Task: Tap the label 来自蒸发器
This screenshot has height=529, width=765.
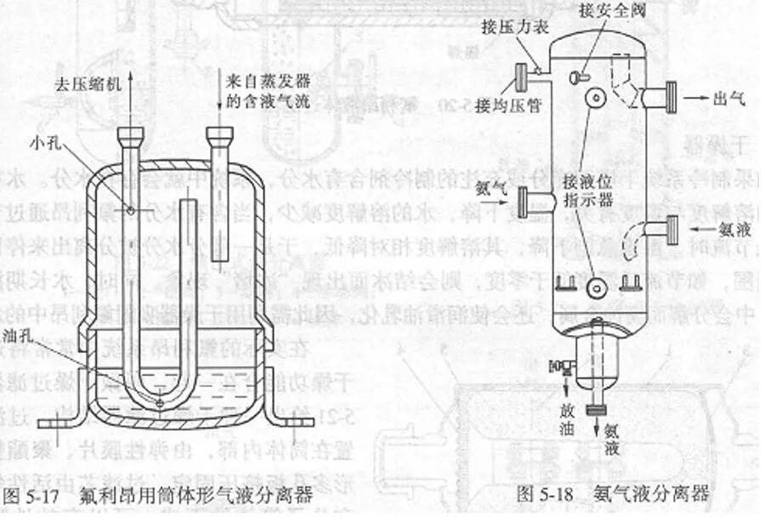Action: coord(264,82)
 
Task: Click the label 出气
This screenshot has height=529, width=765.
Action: coord(730,99)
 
